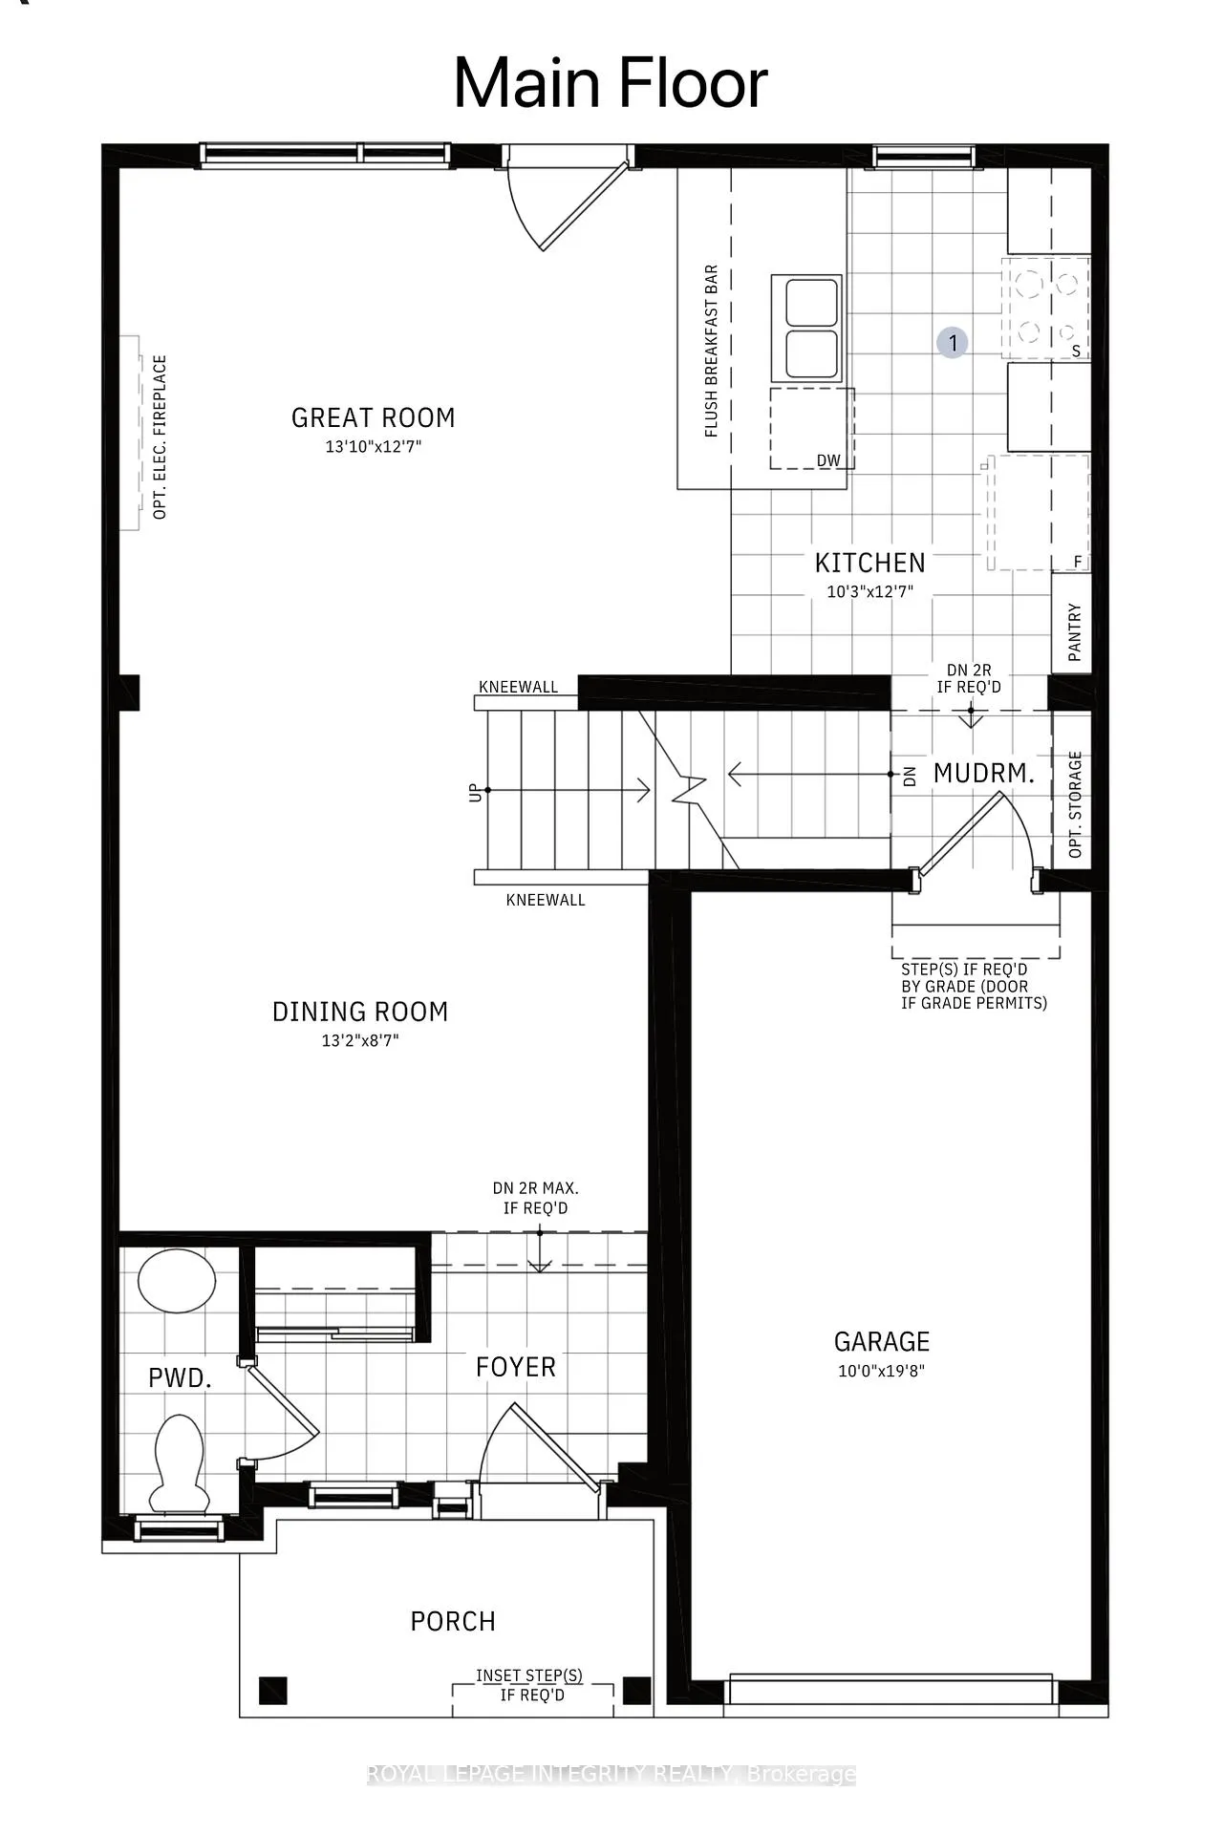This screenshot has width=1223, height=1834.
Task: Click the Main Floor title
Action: point(611,83)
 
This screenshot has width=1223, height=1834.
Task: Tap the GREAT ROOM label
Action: point(373,417)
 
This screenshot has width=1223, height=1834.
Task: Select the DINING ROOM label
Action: point(360,1012)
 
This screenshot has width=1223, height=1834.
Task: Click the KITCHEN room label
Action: point(869,563)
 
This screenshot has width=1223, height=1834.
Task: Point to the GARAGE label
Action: point(882,1342)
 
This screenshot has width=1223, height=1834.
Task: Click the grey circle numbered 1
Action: point(953,343)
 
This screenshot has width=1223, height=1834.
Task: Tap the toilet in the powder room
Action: point(179,1463)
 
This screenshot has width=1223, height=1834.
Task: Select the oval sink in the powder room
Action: point(177,1281)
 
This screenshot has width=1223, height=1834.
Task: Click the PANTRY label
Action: point(1075,631)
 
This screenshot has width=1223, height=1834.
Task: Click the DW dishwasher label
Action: point(828,460)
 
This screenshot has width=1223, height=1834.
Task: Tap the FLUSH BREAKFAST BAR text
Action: point(711,351)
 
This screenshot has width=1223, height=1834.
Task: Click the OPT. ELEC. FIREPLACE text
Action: point(160,437)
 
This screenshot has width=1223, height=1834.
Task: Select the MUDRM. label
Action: point(984,774)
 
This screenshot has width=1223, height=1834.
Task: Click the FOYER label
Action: point(516,1367)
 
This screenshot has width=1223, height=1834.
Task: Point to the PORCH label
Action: point(453,1621)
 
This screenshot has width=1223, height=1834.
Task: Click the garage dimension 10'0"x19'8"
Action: point(881,1371)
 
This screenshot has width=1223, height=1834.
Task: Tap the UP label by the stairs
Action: point(475,792)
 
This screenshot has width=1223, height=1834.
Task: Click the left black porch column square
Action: point(273,1691)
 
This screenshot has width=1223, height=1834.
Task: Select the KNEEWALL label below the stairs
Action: point(546,900)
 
